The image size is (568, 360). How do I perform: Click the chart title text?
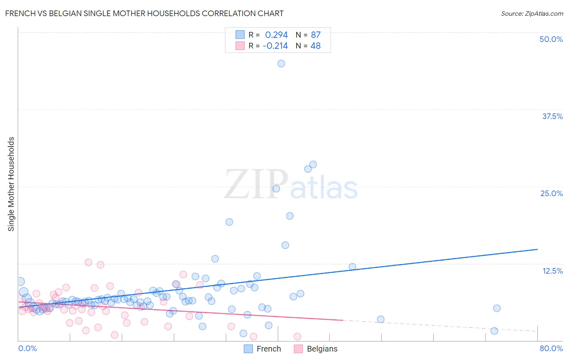[x=144, y=13]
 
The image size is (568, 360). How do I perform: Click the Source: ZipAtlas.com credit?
[x=532, y=13]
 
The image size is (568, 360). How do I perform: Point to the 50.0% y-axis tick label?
[x=551, y=39]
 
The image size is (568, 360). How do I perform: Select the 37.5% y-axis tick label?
[x=552, y=116]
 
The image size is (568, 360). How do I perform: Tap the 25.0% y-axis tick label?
[x=551, y=193]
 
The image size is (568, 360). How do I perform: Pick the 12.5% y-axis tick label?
[x=552, y=271]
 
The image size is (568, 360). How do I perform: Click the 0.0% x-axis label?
[x=27, y=348]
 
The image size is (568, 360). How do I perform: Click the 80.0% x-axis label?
[x=551, y=348]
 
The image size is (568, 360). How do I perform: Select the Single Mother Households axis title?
[x=11, y=184]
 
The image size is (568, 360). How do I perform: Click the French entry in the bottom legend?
[x=268, y=349]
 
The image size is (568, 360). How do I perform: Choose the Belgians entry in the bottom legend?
[x=322, y=349]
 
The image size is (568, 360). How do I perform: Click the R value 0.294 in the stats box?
[x=276, y=35]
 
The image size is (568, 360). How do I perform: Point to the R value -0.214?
[x=275, y=46]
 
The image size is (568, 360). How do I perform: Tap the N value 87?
[x=316, y=35]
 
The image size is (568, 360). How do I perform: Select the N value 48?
[x=316, y=46]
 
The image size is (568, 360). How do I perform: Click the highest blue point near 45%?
[x=281, y=63]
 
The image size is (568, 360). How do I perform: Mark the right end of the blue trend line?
[x=537, y=249]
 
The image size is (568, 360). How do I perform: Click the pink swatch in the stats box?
[x=240, y=46]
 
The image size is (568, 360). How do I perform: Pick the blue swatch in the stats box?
[x=240, y=35]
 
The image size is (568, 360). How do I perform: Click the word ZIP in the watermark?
[x=256, y=184]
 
